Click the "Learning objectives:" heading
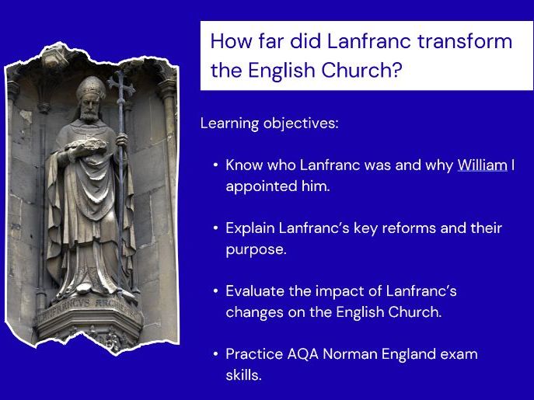269,123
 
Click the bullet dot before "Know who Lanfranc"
215,165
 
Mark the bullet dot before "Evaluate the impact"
215,291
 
